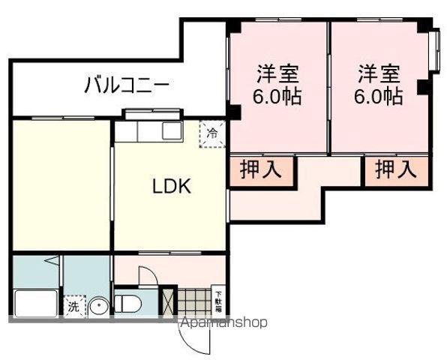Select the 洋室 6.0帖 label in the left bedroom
click(x=278, y=85)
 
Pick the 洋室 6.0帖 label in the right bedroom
click(x=378, y=85)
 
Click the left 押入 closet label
click(x=260, y=169)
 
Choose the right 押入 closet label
click(x=395, y=169)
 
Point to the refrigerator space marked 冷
click(x=212, y=134)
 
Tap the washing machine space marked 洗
click(x=73, y=306)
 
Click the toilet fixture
click(x=129, y=304)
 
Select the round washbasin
click(x=100, y=305)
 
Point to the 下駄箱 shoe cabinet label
click(x=218, y=300)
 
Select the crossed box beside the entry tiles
click(x=168, y=301)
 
